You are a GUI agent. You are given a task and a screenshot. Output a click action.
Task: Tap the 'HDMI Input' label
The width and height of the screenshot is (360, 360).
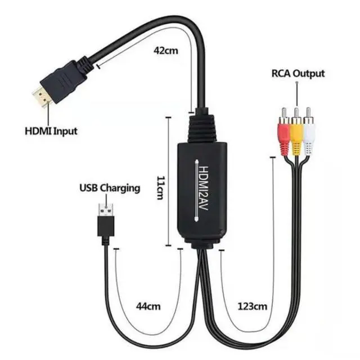[x=51, y=132]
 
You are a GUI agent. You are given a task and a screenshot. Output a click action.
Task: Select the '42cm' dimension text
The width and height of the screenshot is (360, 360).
[x=166, y=49]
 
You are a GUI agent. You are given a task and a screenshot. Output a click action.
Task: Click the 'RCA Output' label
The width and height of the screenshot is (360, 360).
[x=298, y=73]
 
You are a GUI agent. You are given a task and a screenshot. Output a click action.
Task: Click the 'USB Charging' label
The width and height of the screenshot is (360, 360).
[x=109, y=188]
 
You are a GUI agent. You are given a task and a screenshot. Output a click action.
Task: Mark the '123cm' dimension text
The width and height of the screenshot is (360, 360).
[x=251, y=307]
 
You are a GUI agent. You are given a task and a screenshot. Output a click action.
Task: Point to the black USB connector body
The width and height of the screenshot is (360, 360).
[x=106, y=226]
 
